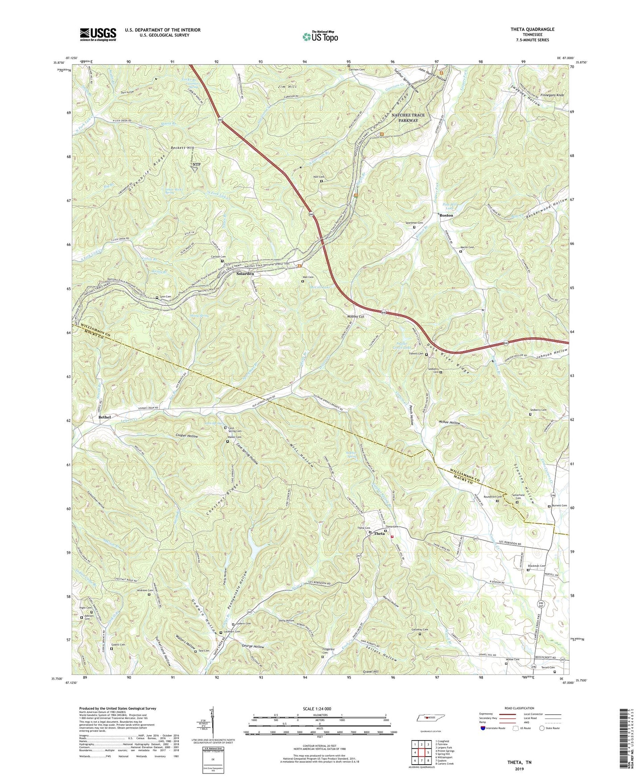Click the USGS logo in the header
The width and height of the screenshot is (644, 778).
click(x=98, y=34)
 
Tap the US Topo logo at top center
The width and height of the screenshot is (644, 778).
click(x=320, y=36)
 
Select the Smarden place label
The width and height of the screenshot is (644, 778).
click(x=245, y=274)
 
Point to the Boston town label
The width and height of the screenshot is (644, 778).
click(x=447, y=215)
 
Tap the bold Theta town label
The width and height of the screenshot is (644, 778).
click(x=380, y=533)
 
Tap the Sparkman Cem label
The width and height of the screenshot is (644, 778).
click(x=414, y=223)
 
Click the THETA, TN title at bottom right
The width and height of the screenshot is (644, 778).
click(x=519, y=762)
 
